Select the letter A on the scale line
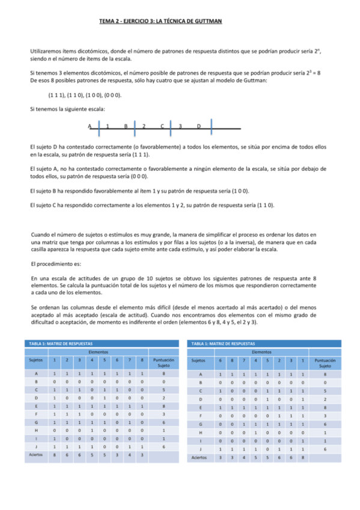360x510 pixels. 90,126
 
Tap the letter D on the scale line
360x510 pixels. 199,126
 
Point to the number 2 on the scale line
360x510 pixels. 144,126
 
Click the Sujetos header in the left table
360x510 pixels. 36,361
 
